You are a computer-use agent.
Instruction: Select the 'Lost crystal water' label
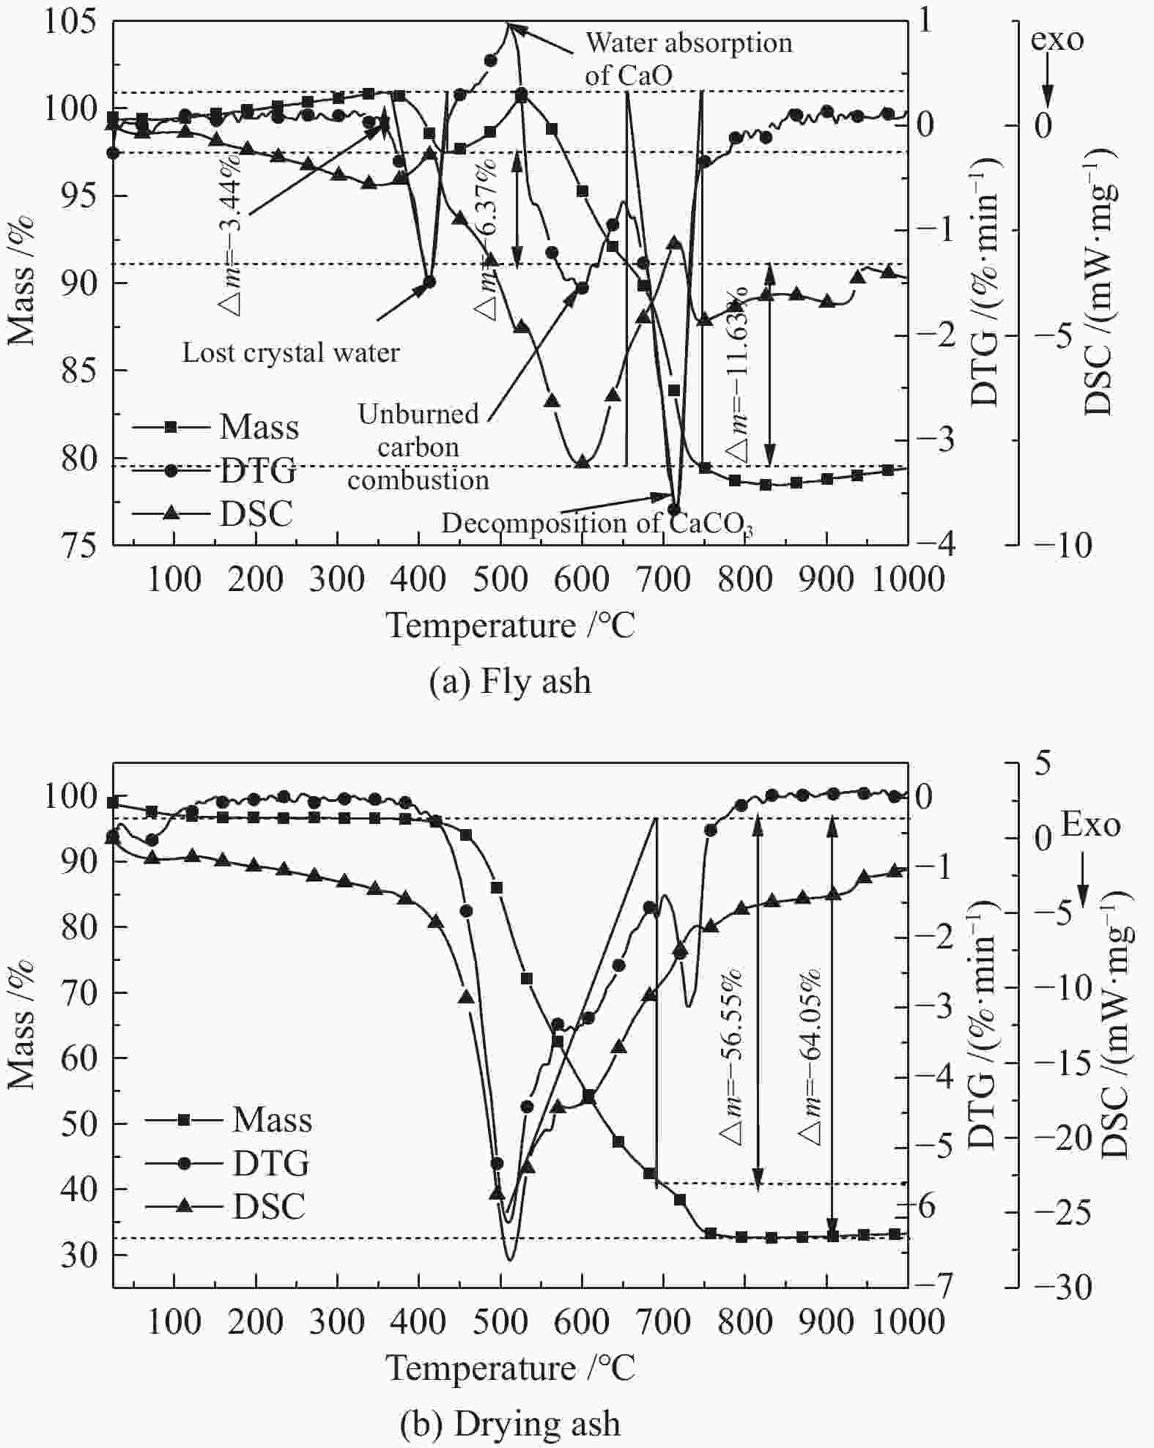[x=291, y=353]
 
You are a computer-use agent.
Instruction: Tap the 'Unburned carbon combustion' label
[x=418, y=447]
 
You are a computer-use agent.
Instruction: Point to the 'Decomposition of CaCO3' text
[x=597, y=524]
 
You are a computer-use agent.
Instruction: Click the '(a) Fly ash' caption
[x=510, y=682]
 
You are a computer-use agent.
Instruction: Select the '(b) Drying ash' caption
[x=510, y=1425]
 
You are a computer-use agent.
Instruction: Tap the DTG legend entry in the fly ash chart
[x=257, y=470]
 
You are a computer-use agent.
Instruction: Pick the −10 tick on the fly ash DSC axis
[x=1062, y=546]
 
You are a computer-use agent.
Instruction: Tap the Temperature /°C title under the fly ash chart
[x=510, y=625]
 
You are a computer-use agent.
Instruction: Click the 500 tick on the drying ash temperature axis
[x=500, y=1322]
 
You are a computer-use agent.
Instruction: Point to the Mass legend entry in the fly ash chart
[x=259, y=427]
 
